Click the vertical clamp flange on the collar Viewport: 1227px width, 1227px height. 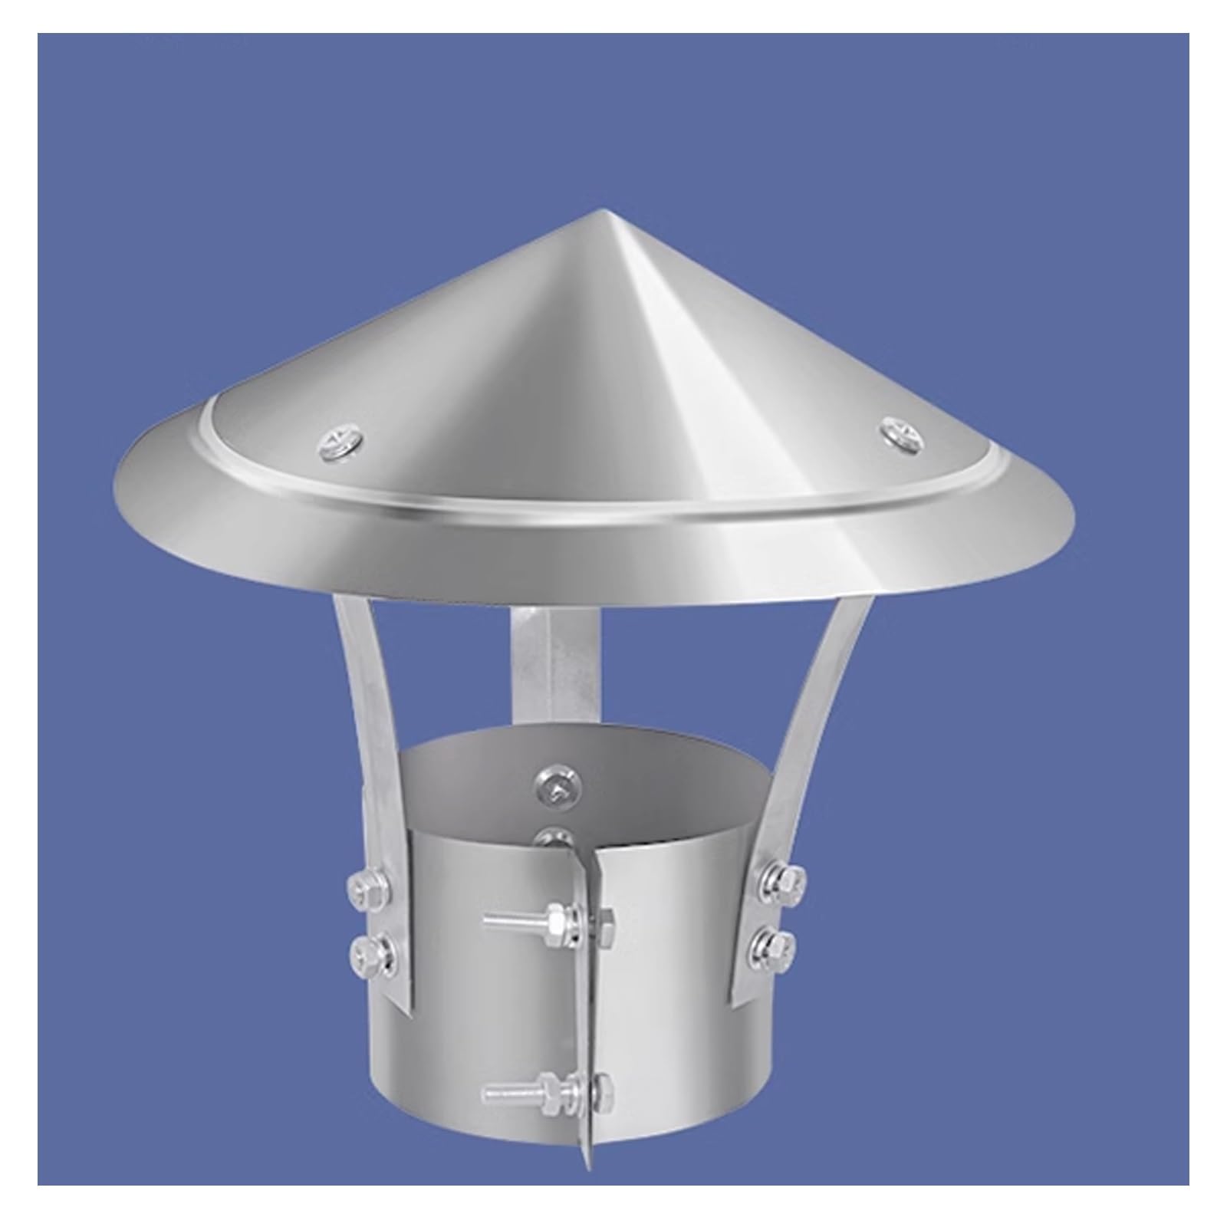point(587,997)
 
